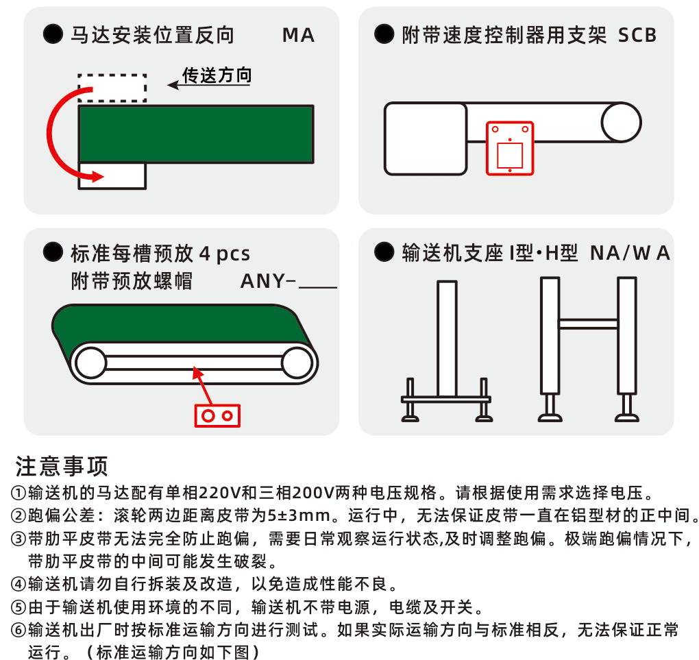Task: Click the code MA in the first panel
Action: [298, 36]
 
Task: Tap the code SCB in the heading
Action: [637, 36]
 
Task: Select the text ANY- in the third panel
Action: [267, 282]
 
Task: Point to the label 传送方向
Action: [217, 75]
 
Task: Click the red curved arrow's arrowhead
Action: [97, 176]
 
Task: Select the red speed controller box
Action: [510, 148]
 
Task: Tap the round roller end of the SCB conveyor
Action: [621, 123]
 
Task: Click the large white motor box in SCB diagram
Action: [426, 138]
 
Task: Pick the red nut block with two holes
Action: [217, 415]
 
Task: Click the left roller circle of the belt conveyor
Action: [90, 363]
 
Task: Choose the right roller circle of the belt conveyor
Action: [297, 363]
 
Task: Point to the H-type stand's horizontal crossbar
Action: [589, 323]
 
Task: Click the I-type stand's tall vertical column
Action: [447, 339]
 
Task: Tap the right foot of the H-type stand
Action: [627, 408]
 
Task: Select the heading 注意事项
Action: [62, 467]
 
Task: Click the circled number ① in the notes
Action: [19, 493]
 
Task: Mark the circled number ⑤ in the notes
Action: [19, 607]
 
